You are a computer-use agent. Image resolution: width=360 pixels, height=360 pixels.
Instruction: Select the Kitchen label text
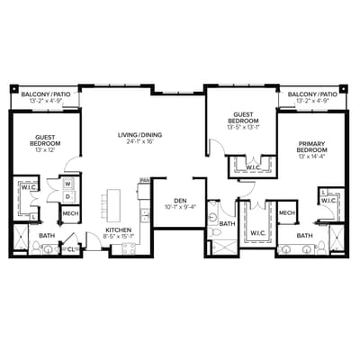click(119, 229)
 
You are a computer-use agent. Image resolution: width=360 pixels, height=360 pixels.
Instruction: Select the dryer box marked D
click(68, 198)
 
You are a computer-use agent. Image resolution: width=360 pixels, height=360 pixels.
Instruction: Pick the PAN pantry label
click(143, 181)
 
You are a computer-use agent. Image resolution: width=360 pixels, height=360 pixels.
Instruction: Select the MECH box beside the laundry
click(70, 213)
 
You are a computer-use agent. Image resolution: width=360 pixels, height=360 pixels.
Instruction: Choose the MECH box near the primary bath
click(286, 212)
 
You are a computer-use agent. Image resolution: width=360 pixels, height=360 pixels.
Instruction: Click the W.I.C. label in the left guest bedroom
click(25, 188)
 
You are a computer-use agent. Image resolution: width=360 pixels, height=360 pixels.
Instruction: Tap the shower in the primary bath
click(337, 238)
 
